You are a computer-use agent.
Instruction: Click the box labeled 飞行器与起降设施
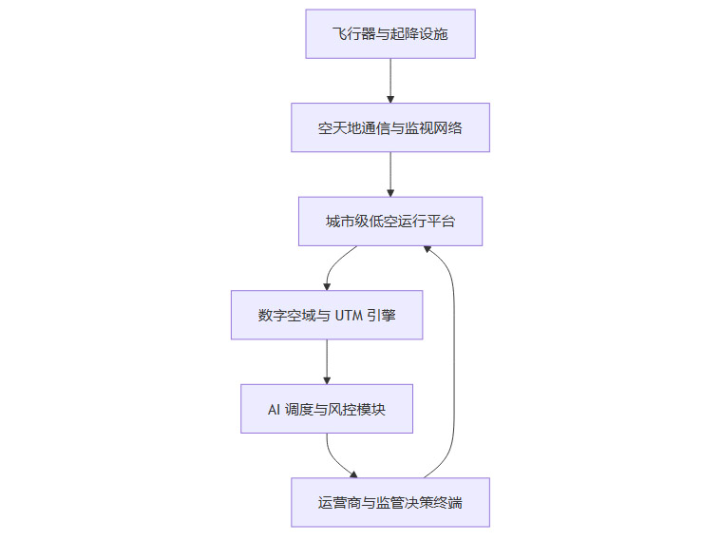389,34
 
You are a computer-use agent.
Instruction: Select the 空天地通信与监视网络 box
389,127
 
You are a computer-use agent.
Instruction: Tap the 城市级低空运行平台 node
389,221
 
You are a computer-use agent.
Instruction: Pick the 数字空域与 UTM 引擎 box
326,315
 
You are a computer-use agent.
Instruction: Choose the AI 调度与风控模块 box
326,409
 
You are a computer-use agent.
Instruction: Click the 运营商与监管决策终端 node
389,502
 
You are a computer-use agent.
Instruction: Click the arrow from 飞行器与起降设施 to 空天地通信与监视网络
389,81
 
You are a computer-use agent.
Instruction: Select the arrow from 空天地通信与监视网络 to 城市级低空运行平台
389,174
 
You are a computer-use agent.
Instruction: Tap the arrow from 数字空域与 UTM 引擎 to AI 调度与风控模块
326,361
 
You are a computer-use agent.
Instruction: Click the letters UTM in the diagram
349,316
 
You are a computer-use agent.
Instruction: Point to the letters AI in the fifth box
275,409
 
